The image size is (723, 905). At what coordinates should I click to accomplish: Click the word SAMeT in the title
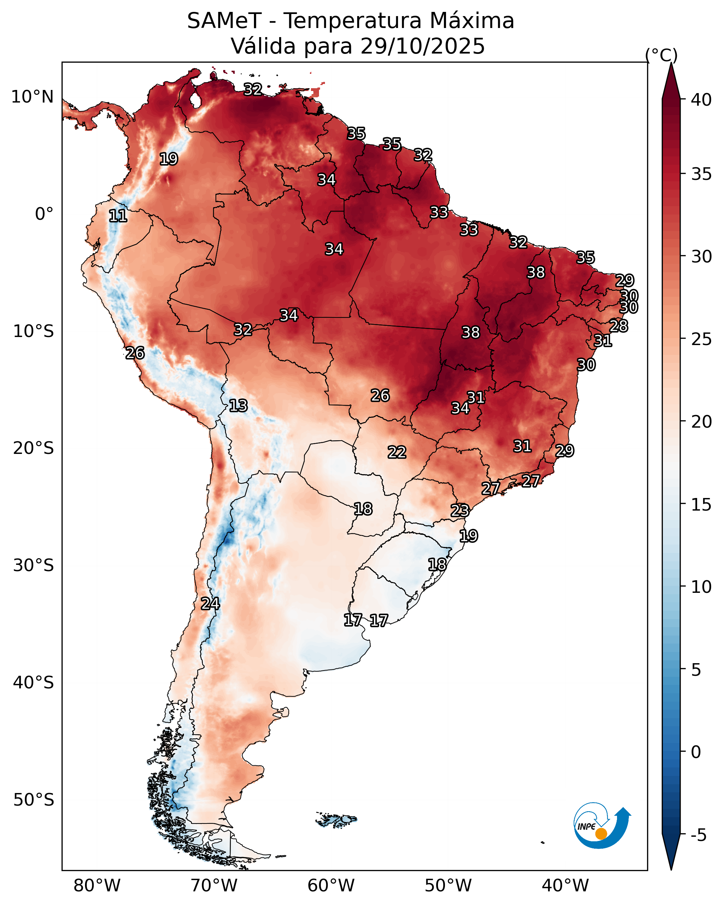click(x=225, y=21)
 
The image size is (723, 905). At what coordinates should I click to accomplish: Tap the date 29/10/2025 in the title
click(x=423, y=46)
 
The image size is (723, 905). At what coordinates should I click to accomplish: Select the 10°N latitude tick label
click(x=32, y=97)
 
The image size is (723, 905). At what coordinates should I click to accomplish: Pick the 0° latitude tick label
click(x=44, y=214)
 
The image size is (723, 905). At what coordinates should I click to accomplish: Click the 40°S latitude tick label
click(x=34, y=682)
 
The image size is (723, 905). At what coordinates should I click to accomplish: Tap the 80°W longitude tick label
click(x=97, y=885)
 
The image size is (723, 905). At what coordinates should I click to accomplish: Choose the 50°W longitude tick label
click(x=448, y=885)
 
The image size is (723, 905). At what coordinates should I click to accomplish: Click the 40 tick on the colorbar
click(x=702, y=100)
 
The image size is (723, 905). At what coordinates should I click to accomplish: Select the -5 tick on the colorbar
click(x=699, y=835)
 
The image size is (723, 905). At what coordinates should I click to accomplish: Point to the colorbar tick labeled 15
click(x=702, y=505)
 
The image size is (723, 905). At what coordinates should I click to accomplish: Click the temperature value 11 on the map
click(x=118, y=216)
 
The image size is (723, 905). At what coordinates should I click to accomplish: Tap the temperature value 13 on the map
click(x=238, y=406)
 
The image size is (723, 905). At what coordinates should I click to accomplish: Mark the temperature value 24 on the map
click(x=210, y=604)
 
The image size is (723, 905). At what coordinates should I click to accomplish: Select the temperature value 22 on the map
click(x=397, y=452)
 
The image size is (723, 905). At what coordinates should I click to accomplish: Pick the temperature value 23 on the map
click(x=460, y=511)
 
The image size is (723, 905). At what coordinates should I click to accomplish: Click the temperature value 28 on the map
click(x=619, y=326)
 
